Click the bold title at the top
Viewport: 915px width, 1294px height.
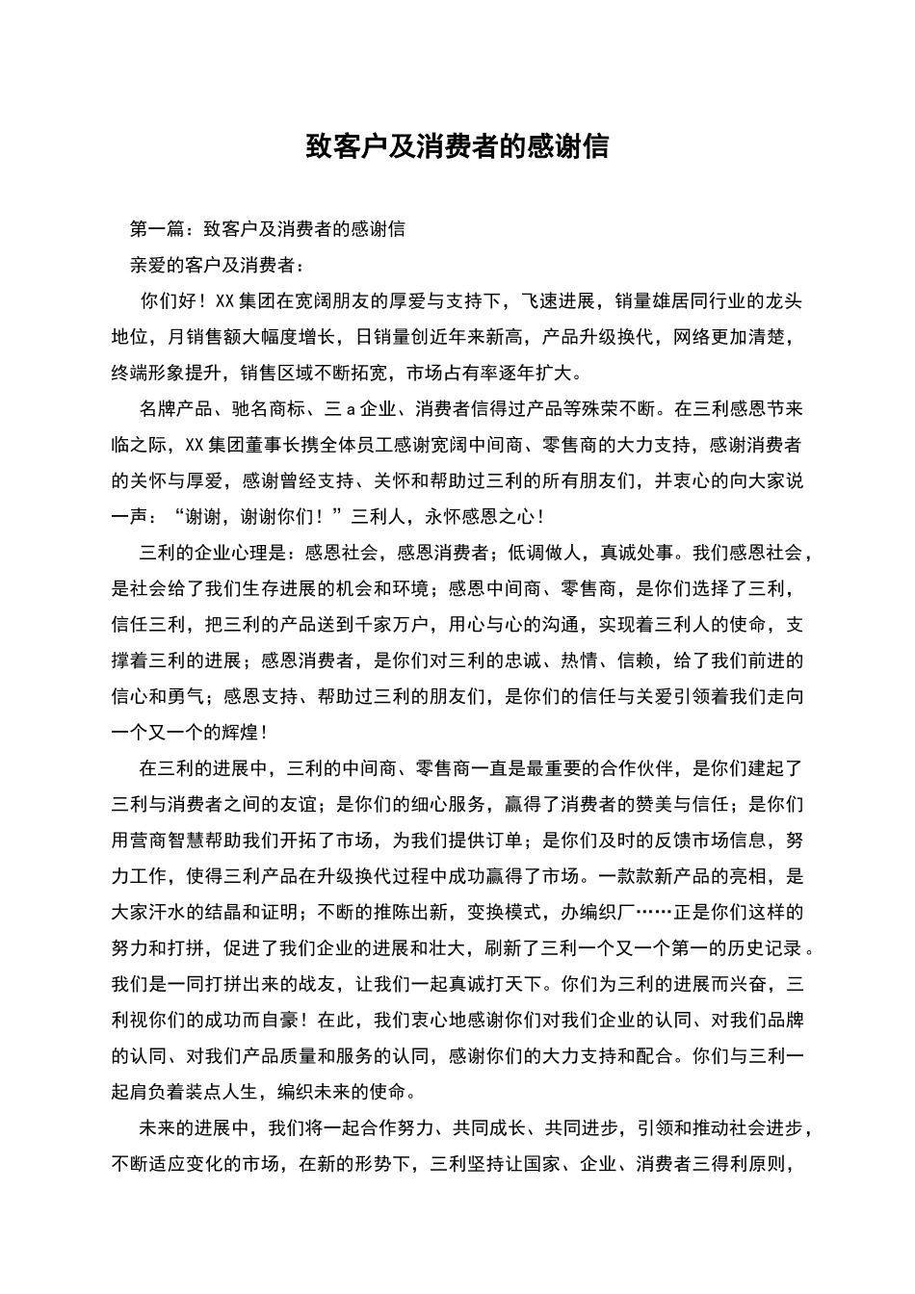coord(457,147)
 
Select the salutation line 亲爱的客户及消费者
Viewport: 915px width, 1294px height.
coord(216,265)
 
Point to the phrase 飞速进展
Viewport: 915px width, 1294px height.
coord(559,301)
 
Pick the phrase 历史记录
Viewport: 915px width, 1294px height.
coord(762,948)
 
